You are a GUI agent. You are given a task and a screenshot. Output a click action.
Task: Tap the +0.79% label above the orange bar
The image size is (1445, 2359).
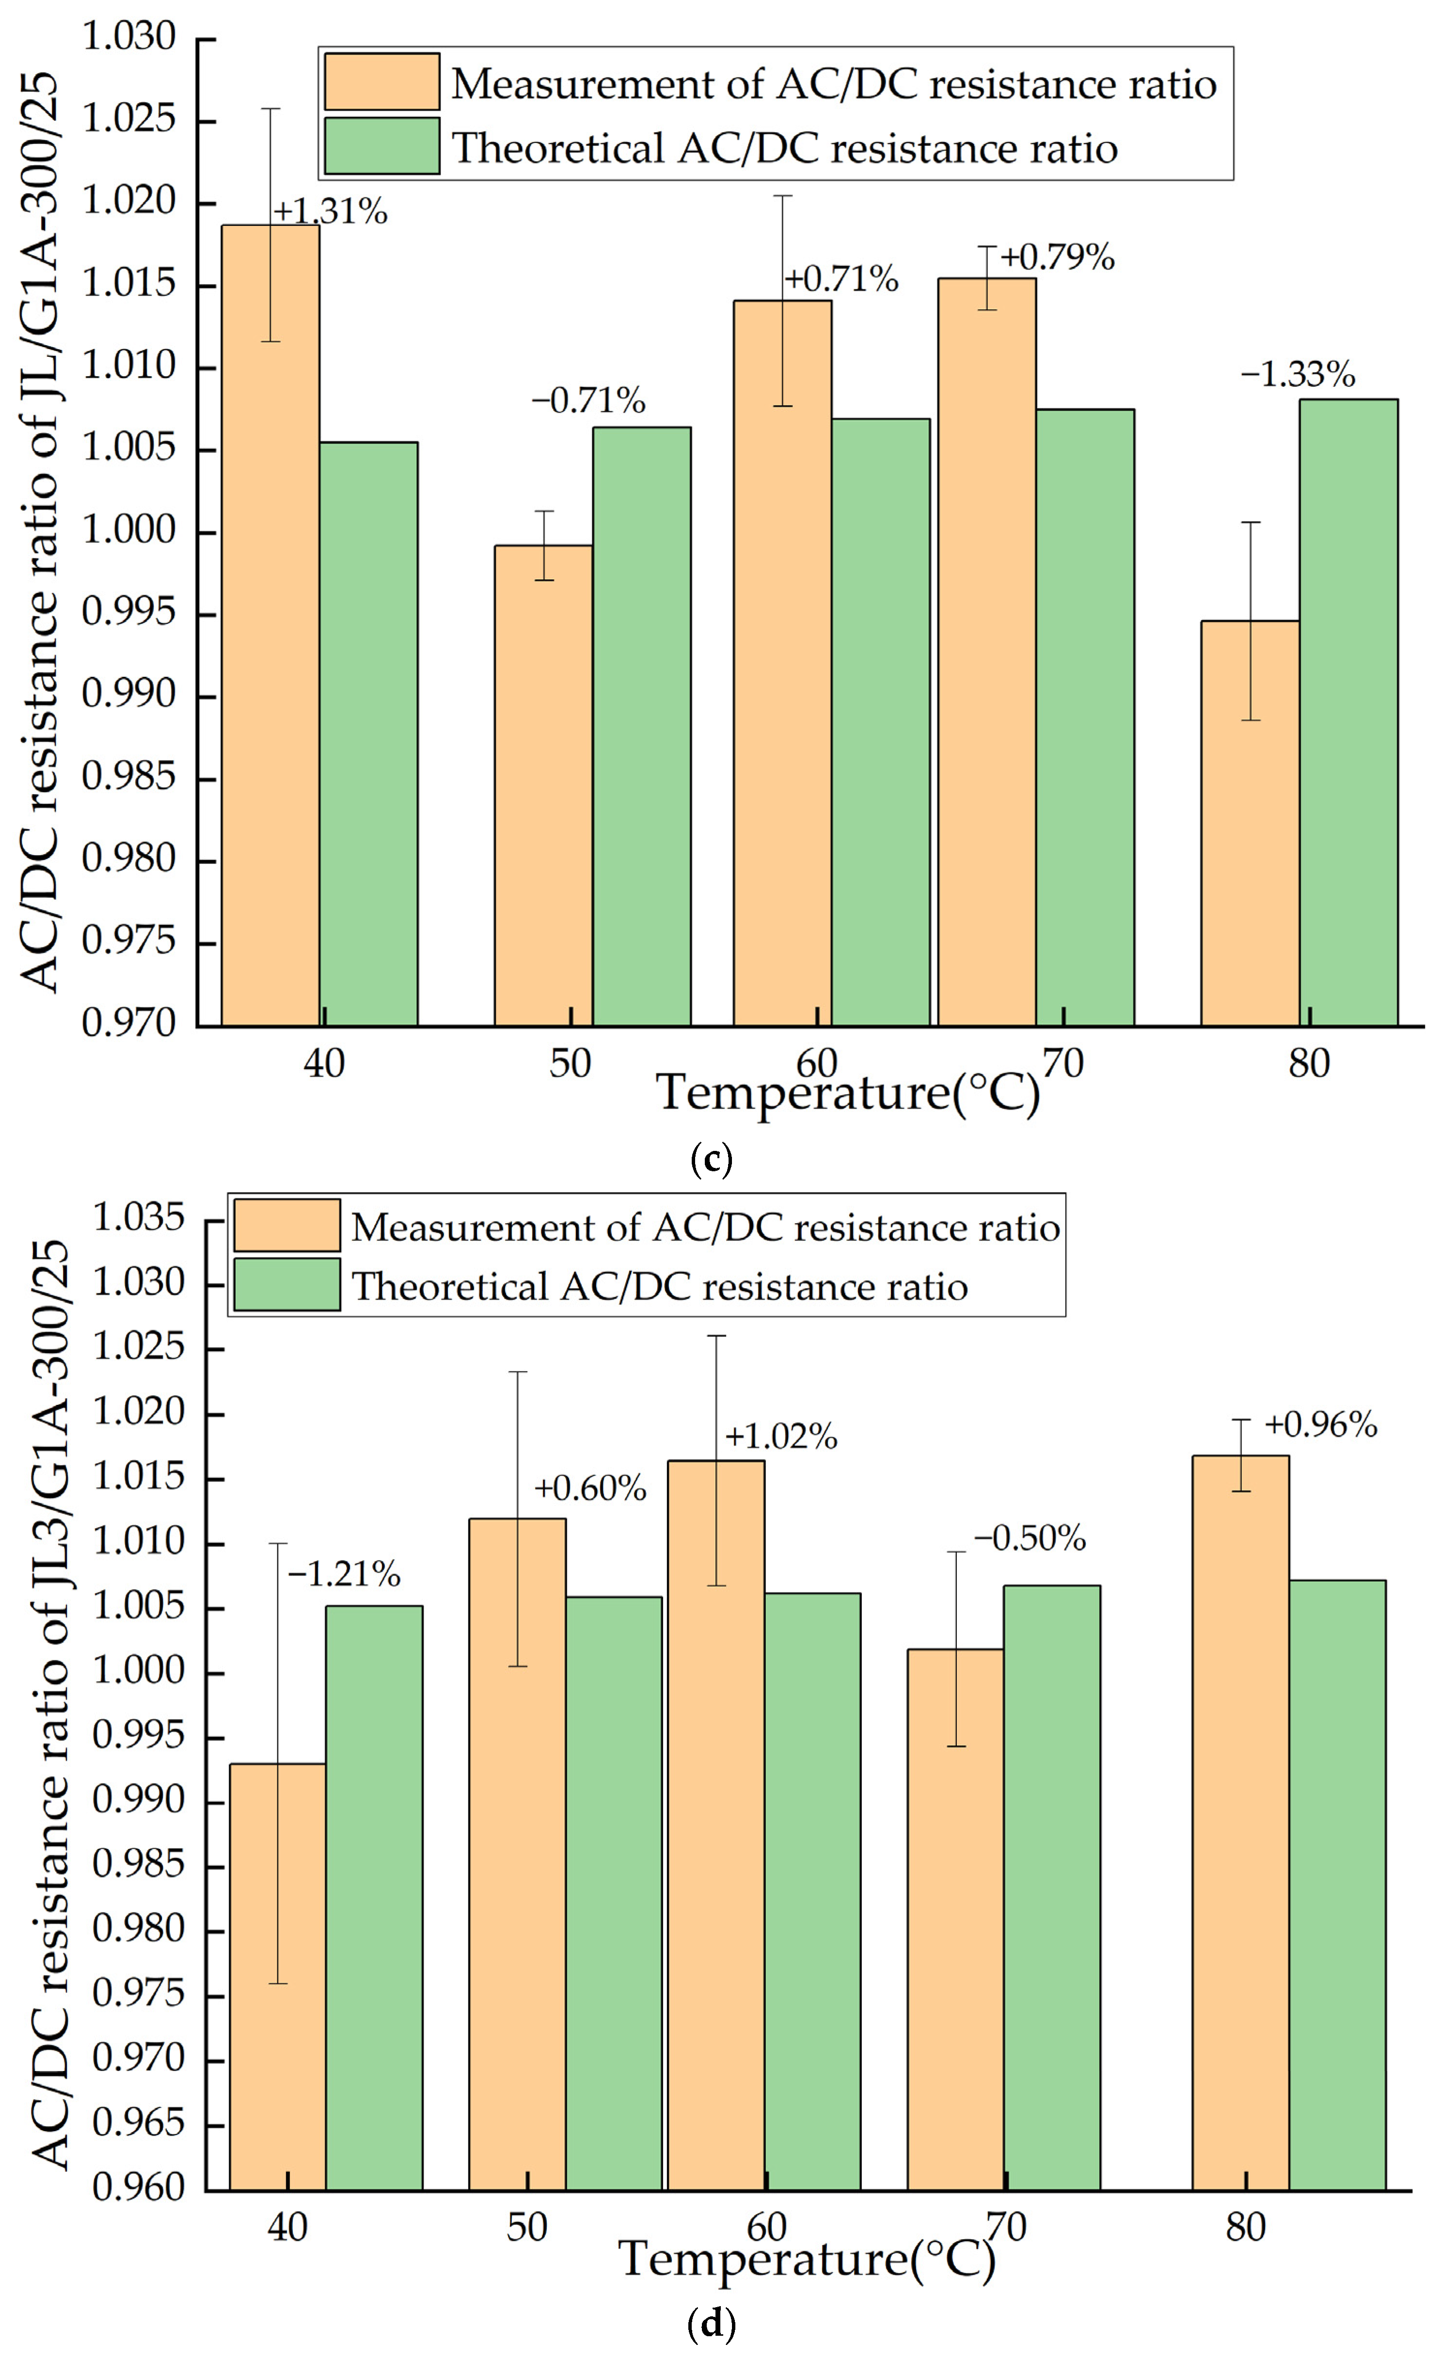(x=1058, y=257)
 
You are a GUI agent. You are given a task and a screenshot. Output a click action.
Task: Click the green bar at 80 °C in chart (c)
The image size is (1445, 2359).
(x=1348, y=713)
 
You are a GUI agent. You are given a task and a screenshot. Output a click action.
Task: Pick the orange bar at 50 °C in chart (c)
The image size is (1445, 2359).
(x=543, y=785)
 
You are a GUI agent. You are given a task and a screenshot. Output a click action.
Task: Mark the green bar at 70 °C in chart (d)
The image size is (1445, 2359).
(x=1051, y=1886)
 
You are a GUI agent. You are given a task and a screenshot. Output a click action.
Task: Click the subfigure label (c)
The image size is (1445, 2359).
(x=712, y=1161)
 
